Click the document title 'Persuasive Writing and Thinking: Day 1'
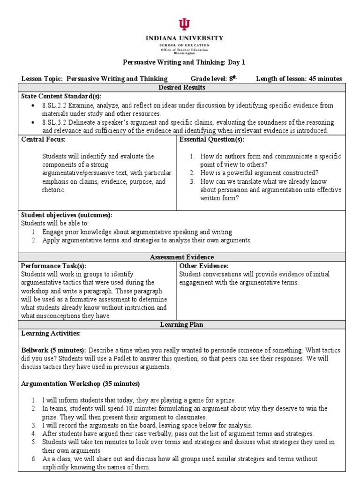coord(184,62)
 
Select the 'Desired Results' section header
coord(181,88)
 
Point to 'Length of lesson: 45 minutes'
coord(299,79)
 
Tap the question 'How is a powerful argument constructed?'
coord(259,173)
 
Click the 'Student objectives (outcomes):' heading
coord(67,215)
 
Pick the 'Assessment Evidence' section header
coord(181,257)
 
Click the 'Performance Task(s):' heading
coord(54,265)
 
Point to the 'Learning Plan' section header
coord(181,324)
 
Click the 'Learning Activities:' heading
coord(51,333)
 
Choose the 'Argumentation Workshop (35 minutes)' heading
coord(81,383)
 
